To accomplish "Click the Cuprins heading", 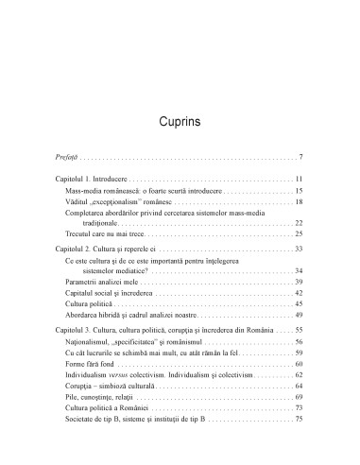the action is (179, 123).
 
